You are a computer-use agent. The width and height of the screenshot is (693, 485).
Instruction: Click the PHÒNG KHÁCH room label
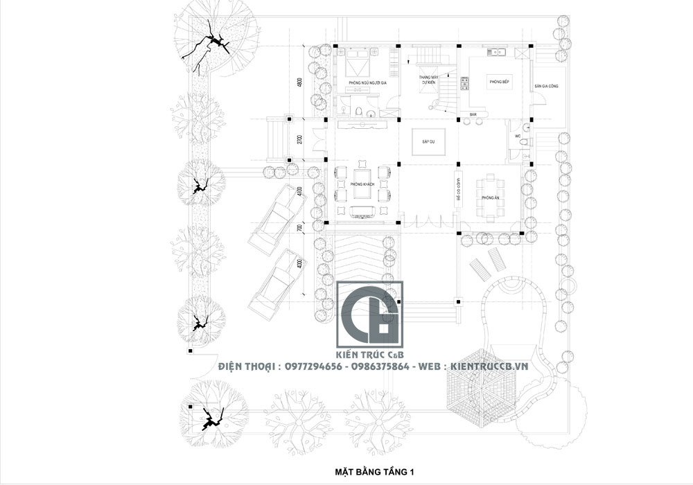[358, 184]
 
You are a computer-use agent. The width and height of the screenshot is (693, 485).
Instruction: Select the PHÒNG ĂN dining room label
[491, 198]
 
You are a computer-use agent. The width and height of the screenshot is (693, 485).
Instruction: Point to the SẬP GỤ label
[428, 141]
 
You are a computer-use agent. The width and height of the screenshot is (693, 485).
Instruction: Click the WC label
[517, 136]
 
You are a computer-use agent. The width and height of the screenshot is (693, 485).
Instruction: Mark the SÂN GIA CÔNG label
[546, 87]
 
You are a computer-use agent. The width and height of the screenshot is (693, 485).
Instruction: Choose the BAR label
[473, 114]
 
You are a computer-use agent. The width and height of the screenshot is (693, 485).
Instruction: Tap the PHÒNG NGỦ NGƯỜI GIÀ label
[367, 83]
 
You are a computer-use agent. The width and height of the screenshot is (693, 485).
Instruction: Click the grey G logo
[369, 315]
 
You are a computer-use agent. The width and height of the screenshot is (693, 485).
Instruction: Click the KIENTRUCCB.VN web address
[489, 365]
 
